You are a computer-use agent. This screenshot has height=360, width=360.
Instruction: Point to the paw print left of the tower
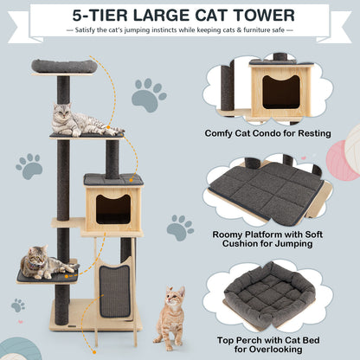[29, 165]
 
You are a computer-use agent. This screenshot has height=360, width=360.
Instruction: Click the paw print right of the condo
[180, 228]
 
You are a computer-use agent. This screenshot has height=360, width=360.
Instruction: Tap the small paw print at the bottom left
[17, 305]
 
